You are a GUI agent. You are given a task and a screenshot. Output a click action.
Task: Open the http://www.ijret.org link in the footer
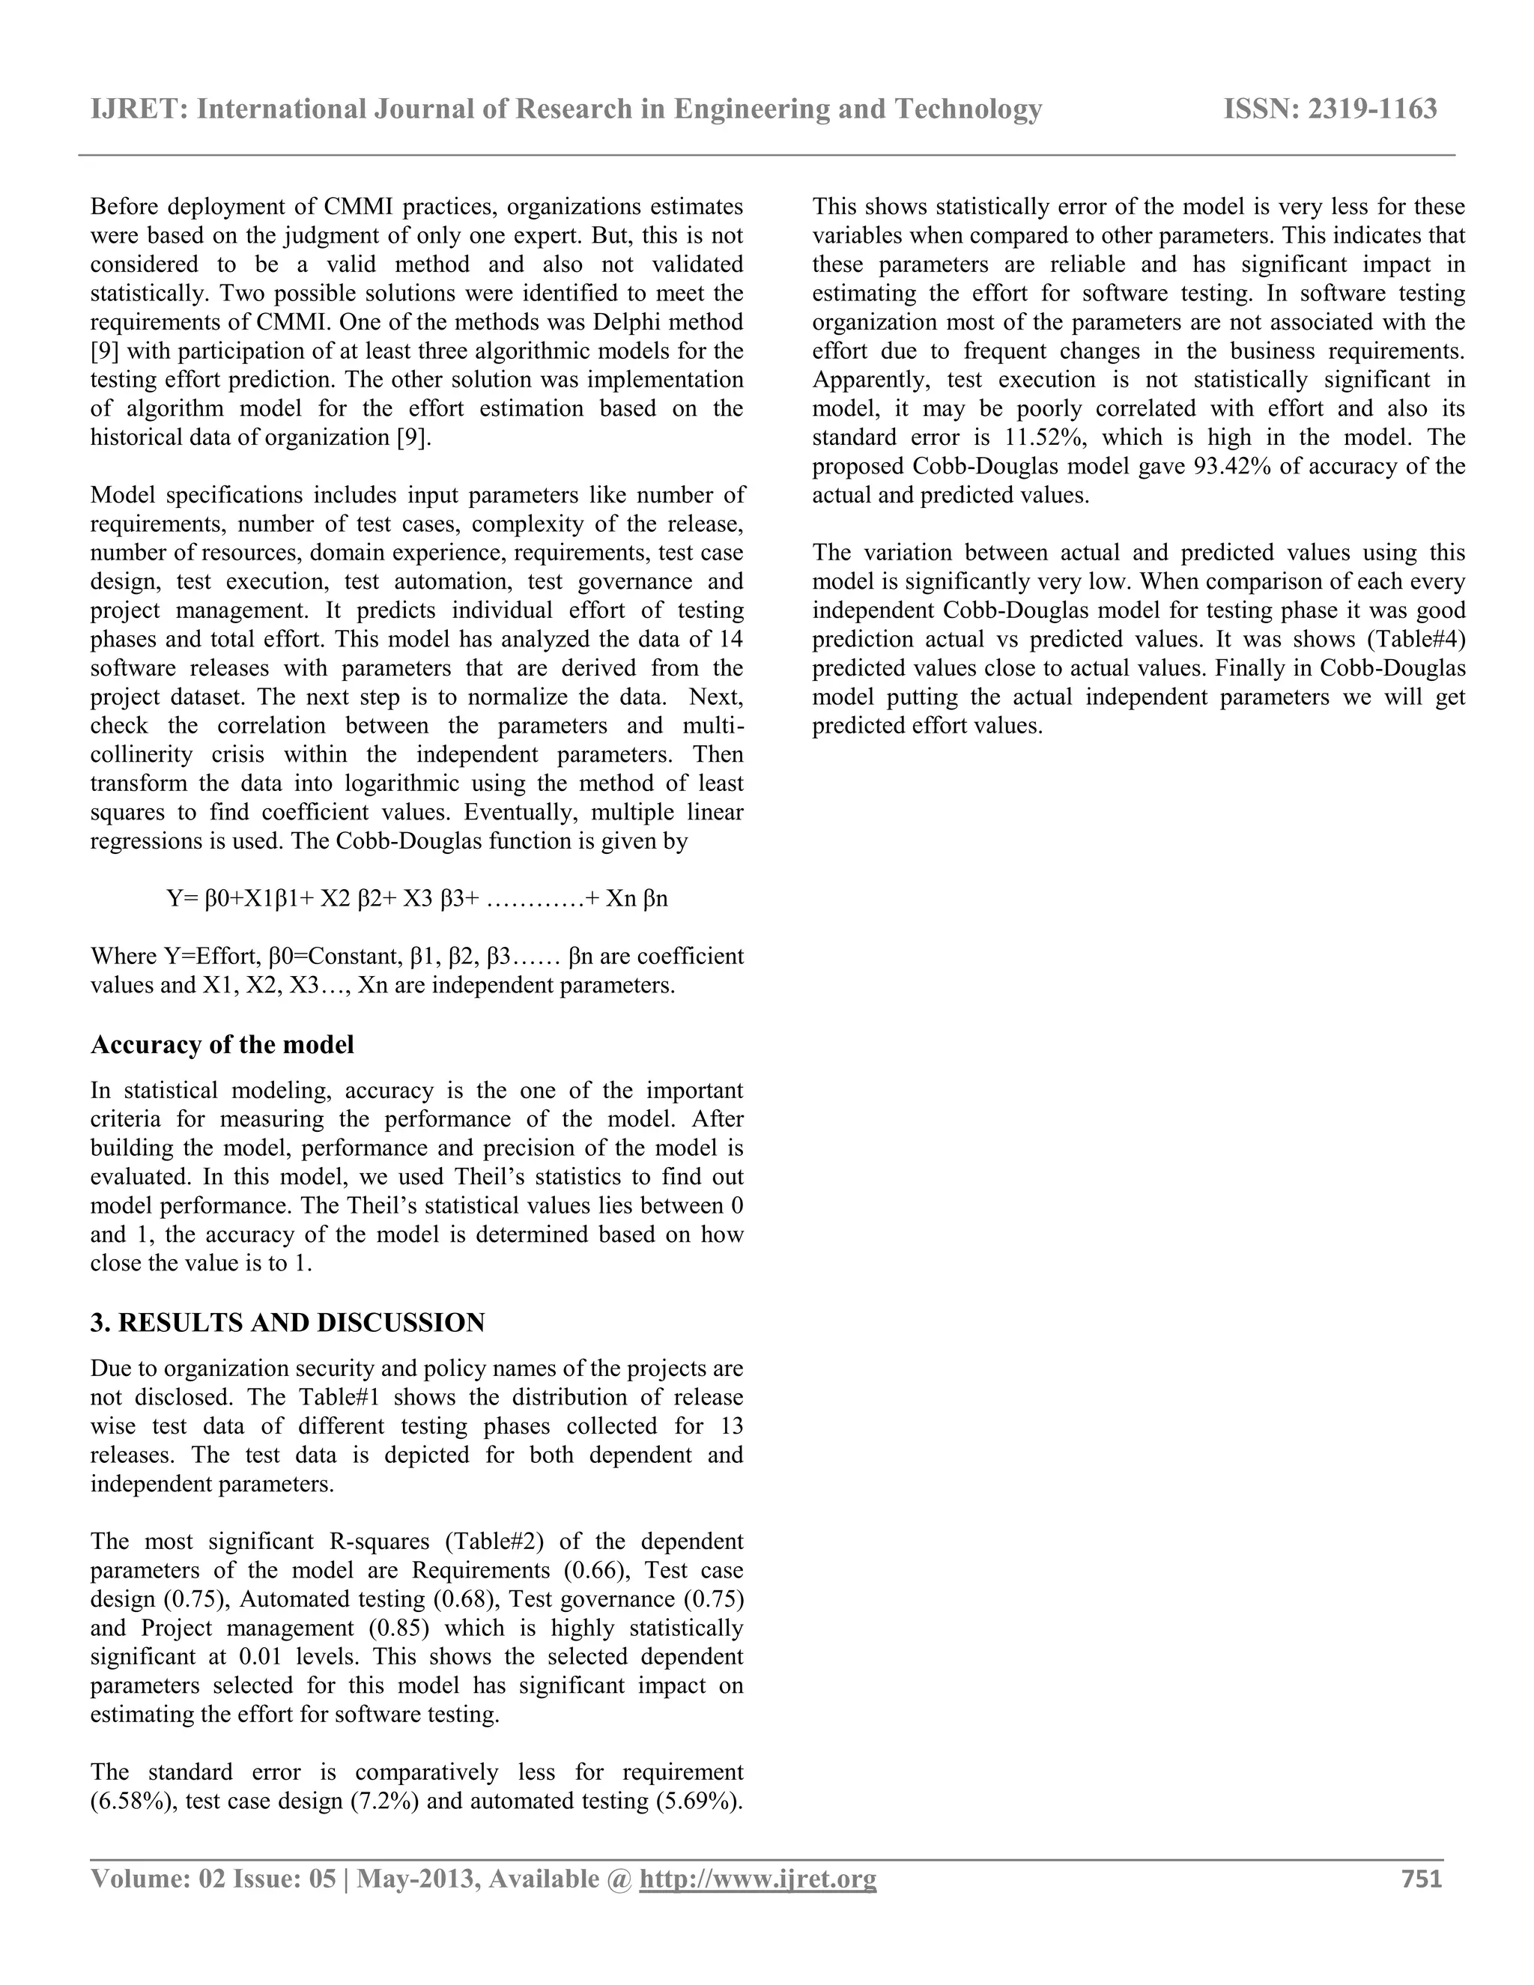tap(758, 1879)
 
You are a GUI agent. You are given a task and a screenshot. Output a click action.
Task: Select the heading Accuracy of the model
tap(222, 1044)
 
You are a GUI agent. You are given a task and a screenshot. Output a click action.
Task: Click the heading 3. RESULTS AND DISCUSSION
tap(287, 1322)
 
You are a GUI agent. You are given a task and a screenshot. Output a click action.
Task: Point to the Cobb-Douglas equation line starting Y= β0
tap(417, 899)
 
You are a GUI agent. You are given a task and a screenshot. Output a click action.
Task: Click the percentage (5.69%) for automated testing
tap(698, 1801)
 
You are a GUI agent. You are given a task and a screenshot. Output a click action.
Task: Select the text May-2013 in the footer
tap(417, 1879)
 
